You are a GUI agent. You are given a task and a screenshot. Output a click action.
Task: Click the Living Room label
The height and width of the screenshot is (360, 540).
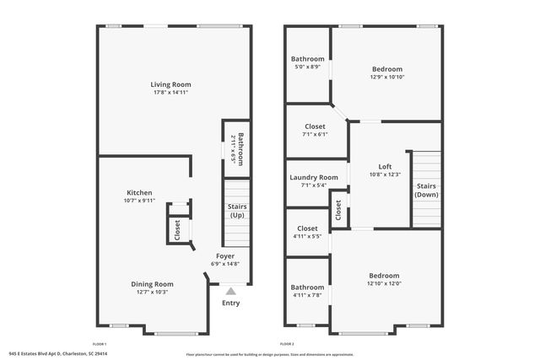pyautogui.click(x=170, y=84)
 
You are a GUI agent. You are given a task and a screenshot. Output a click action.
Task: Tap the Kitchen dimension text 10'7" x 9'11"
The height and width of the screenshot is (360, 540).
pyautogui.click(x=139, y=201)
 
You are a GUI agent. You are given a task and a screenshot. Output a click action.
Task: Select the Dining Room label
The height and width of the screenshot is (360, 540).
pyautogui.click(x=152, y=284)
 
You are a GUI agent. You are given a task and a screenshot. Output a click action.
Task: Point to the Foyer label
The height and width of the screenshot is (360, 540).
pyautogui.click(x=225, y=255)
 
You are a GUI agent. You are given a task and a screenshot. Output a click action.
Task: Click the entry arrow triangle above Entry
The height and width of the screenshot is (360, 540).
pyautogui.click(x=230, y=291)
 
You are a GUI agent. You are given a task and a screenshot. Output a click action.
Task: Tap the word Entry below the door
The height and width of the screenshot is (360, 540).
pyautogui.click(x=230, y=304)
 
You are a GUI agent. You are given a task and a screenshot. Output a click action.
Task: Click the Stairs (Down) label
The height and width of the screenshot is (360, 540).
pyautogui.click(x=426, y=190)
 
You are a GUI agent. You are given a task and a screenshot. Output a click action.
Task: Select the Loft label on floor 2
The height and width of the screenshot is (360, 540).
pyautogui.click(x=385, y=166)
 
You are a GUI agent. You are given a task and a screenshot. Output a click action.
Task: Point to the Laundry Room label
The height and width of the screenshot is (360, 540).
pyautogui.click(x=314, y=177)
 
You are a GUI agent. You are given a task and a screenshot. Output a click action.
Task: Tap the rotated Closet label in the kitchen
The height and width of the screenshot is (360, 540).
pyautogui.click(x=177, y=229)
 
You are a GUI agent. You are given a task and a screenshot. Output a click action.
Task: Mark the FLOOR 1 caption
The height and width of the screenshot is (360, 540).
pyautogui.click(x=100, y=344)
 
